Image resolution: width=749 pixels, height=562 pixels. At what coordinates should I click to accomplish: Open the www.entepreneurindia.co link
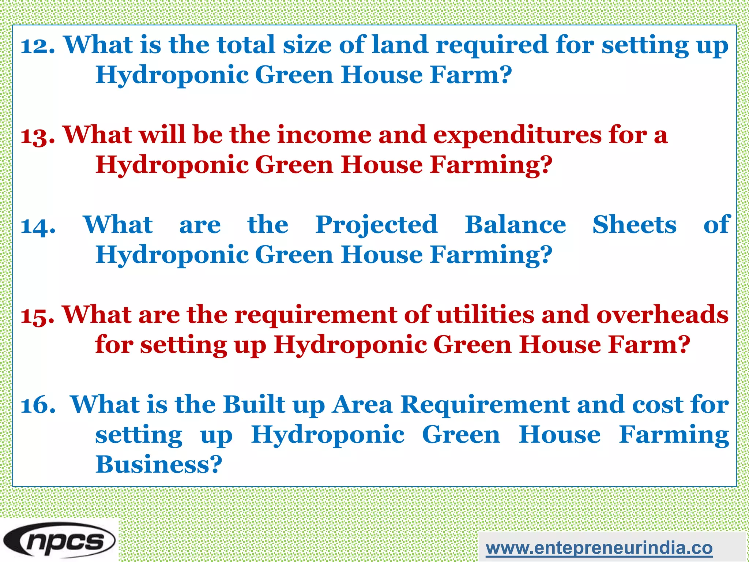click(599, 548)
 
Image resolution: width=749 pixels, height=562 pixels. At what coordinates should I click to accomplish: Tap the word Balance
click(515, 225)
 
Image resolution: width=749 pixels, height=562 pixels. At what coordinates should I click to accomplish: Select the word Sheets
click(635, 225)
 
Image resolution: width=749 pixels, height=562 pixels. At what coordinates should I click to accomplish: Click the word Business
click(159, 465)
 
